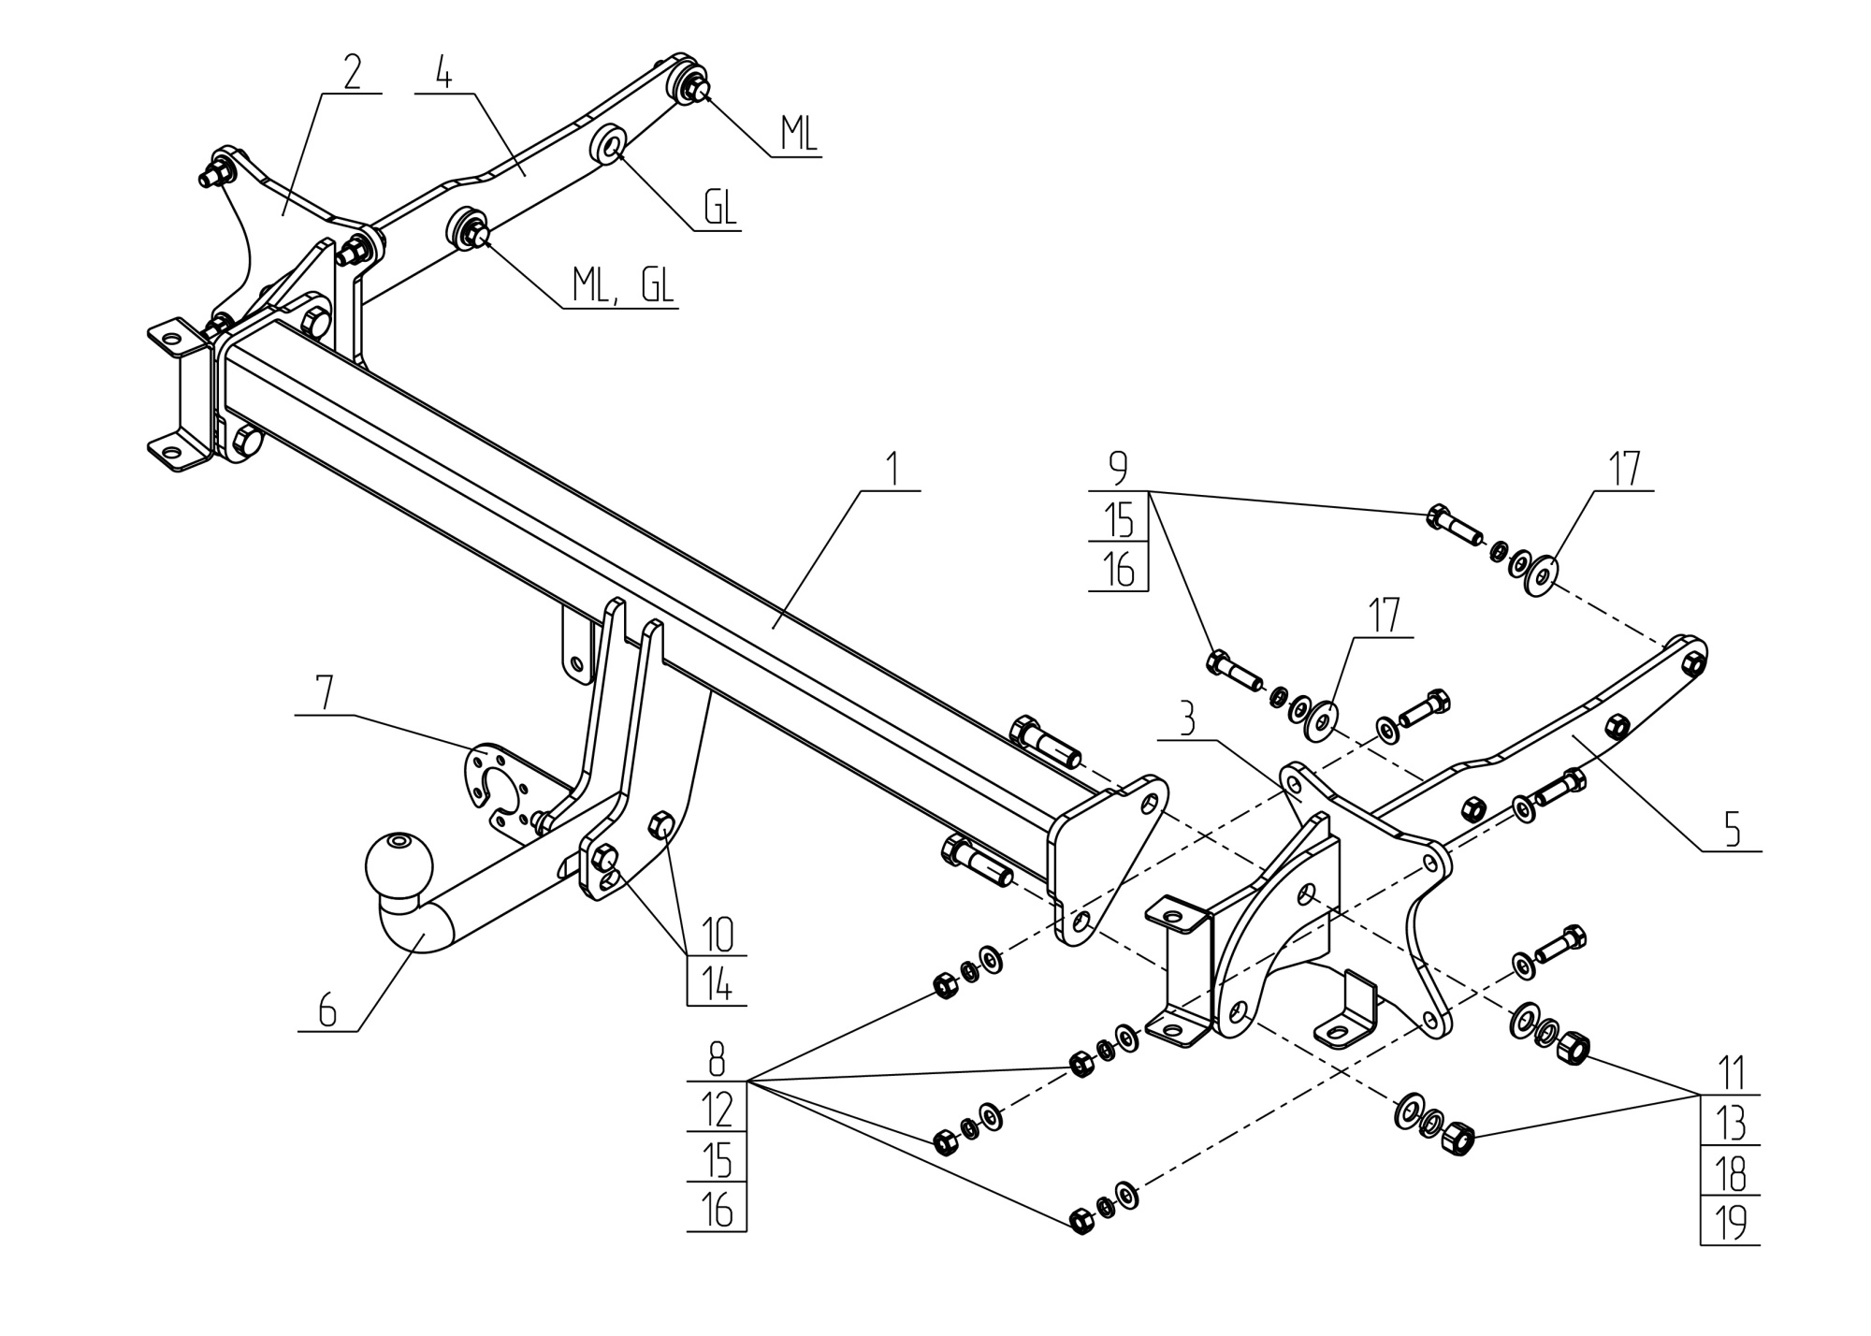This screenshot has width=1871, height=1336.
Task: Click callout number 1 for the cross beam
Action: coord(892,468)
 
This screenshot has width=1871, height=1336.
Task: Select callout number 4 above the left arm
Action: coord(443,73)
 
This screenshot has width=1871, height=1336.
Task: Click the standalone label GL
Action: coord(719,210)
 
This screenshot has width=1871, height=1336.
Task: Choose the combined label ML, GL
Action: coord(622,286)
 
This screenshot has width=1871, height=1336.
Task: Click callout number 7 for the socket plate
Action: coord(324,694)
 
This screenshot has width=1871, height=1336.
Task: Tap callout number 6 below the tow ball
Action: coord(326,1010)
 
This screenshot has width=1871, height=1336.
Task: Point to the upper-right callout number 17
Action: coord(1624,470)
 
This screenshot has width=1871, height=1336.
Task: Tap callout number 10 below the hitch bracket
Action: coord(717,935)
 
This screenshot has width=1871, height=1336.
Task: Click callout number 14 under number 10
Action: coord(717,985)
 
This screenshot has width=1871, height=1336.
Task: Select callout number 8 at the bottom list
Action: coord(717,1062)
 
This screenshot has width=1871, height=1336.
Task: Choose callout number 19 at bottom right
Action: coord(1731,1223)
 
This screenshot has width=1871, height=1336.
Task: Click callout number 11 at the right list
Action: coord(1731,1072)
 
